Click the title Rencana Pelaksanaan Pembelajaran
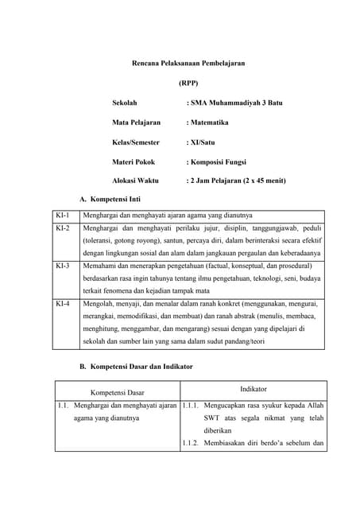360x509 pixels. [188, 62]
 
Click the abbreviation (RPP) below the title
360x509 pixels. [188, 83]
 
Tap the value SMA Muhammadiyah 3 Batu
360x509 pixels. [234, 103]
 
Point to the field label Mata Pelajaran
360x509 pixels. [136, 122]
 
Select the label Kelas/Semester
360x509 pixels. [136, 142]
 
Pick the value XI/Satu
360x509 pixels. [200, 142]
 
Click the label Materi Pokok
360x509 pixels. [134, 161]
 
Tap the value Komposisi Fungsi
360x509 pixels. [217, 161]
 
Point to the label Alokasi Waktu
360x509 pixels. [135, 181]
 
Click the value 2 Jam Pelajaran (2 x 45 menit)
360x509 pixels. [236, 181]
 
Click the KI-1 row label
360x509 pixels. [63, 216]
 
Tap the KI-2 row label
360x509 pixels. [63, 228]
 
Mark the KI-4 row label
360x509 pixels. [63, 304]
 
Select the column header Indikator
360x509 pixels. [254, 388]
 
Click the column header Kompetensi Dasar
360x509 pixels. [118, 392]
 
